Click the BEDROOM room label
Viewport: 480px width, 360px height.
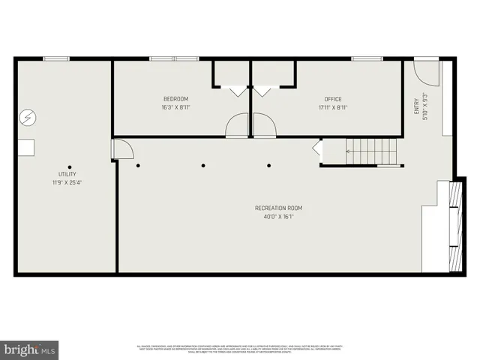point(175,99)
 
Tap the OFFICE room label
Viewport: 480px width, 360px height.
point(333,99)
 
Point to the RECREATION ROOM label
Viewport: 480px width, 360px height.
point(278,208)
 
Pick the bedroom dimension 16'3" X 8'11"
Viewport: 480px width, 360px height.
point(175,107)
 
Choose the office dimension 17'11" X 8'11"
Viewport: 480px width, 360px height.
point(333,107)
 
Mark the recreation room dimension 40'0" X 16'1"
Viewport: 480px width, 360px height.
point(278,217)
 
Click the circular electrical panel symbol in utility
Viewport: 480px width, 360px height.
point(27,118)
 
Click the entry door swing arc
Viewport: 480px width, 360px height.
point(425,71)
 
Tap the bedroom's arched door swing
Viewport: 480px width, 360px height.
point(237,124)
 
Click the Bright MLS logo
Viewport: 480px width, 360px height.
point(30,349)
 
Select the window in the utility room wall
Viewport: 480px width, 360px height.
point(56,58)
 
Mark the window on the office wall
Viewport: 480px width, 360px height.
point(367,58)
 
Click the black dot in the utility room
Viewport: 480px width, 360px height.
point(70,166)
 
